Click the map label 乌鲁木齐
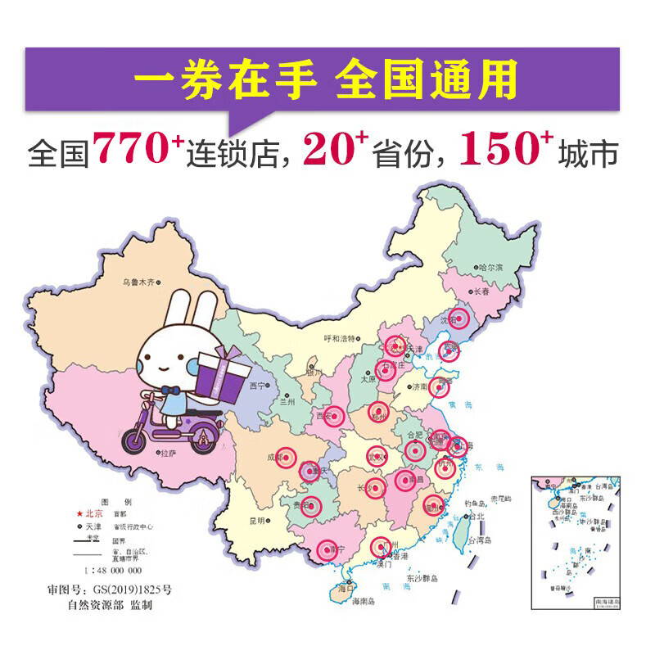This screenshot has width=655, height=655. click(x=139, y=282)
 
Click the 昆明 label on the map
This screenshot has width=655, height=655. click(x=258, y=520)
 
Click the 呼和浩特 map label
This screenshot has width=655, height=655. click(x=340, y=338)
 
